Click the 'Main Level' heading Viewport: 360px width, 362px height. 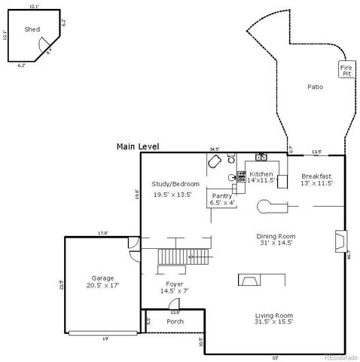[138, 146]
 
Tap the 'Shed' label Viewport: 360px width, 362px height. [32, 29]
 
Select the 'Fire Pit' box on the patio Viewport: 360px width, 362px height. [346, 71]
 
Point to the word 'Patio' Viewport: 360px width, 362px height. [315, 87]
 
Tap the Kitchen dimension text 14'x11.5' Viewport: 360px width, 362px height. [261, 181]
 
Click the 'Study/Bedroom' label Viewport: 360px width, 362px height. [175, 184]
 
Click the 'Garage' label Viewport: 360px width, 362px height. [102, 278]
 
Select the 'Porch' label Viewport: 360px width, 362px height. [175, 321]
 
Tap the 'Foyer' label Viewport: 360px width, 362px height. [175, 284]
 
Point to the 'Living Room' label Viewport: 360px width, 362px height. [274, 314]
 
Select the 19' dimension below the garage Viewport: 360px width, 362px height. [105, 339]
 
